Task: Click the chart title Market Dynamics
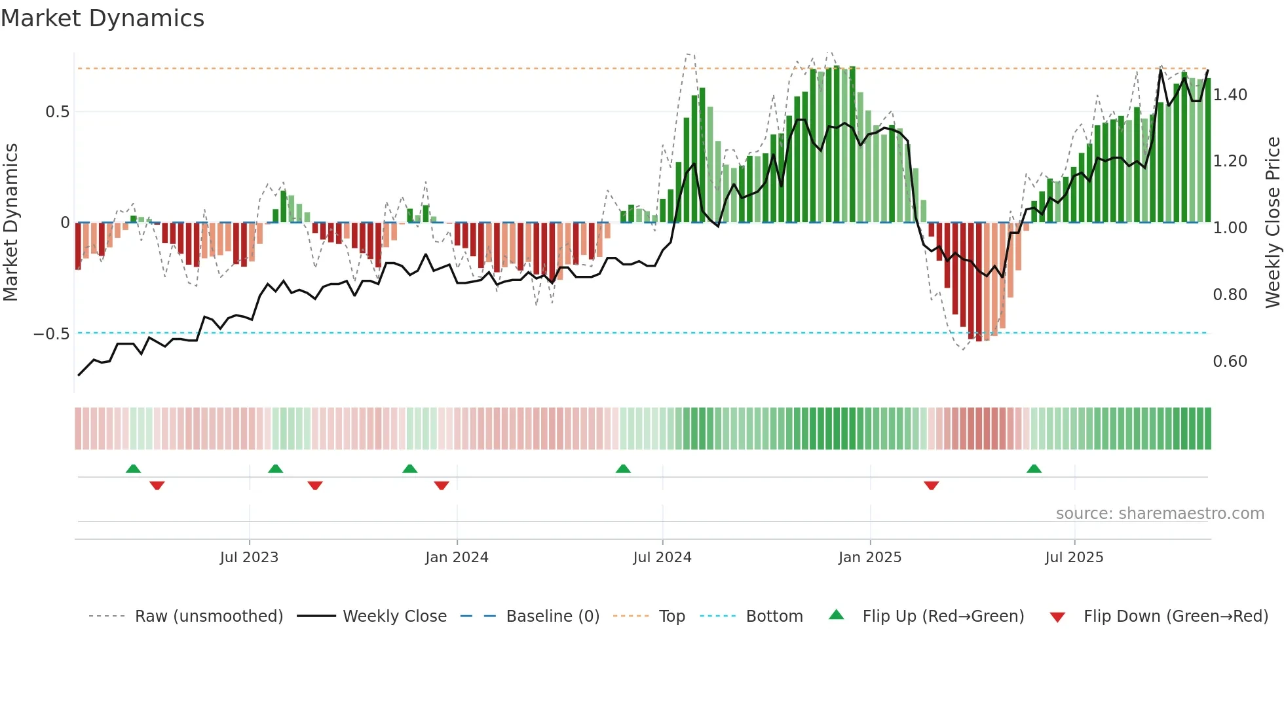pos(102,18)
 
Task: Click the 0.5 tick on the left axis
pos(57,112)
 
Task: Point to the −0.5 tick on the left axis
pos(52,334)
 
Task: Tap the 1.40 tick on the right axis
pos(1230,95)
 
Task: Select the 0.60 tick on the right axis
pos(1230,362)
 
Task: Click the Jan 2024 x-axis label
pos(457,558)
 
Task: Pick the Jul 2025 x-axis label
pos(1074,558)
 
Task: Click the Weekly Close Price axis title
pos(1272,222)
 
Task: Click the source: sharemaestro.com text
pos(1160,514)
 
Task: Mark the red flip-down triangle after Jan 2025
pos(931,485)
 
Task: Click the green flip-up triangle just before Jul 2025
pos(1034,468)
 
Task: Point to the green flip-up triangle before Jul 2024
pos(623,468)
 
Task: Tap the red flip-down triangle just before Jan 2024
pos(442,485)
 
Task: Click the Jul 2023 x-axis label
pos(249,558)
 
